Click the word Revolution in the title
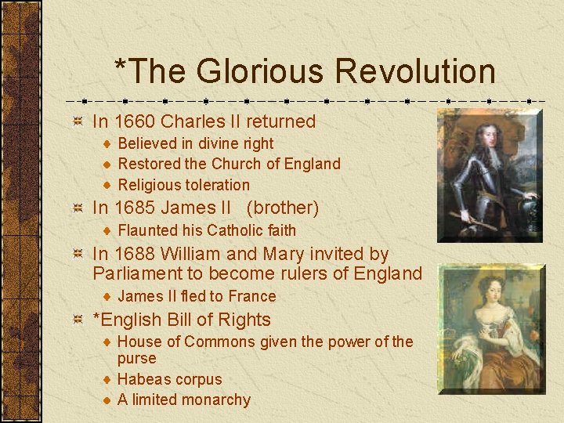[x=415, y=71]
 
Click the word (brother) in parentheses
[x=282, y=208]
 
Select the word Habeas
[x=143, y=379]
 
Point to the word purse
[x=136, y=359]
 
